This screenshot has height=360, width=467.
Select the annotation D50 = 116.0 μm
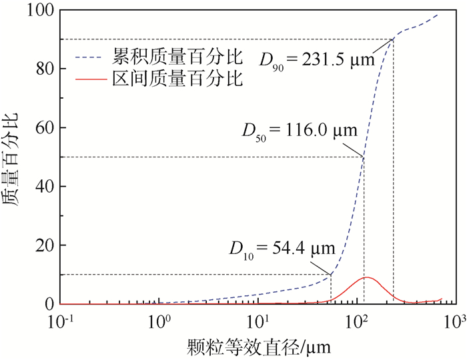coord(300,128)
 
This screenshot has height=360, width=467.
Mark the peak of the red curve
coord(366,277)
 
